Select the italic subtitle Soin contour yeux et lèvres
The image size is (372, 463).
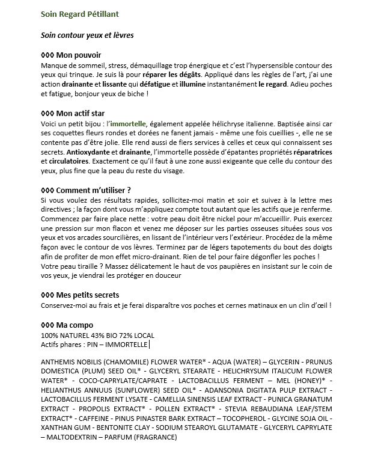coord(87,35)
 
